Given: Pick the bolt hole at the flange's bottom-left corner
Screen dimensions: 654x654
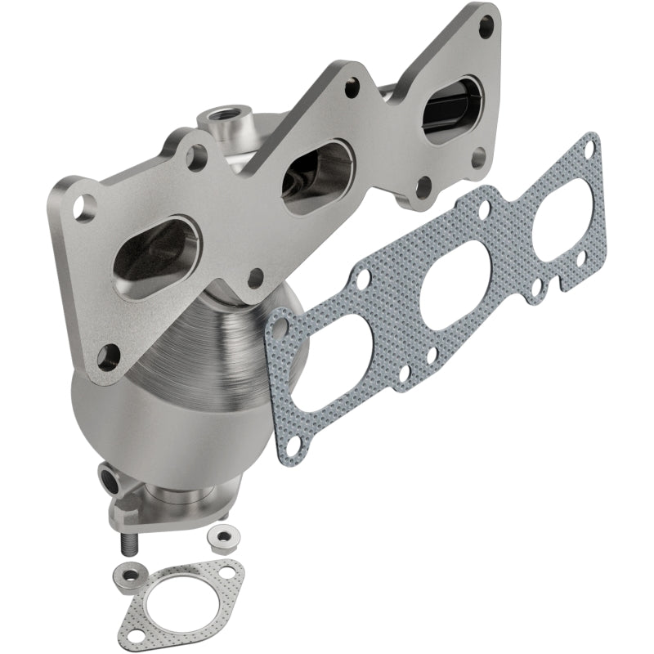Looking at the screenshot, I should click(x=106, y=355).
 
